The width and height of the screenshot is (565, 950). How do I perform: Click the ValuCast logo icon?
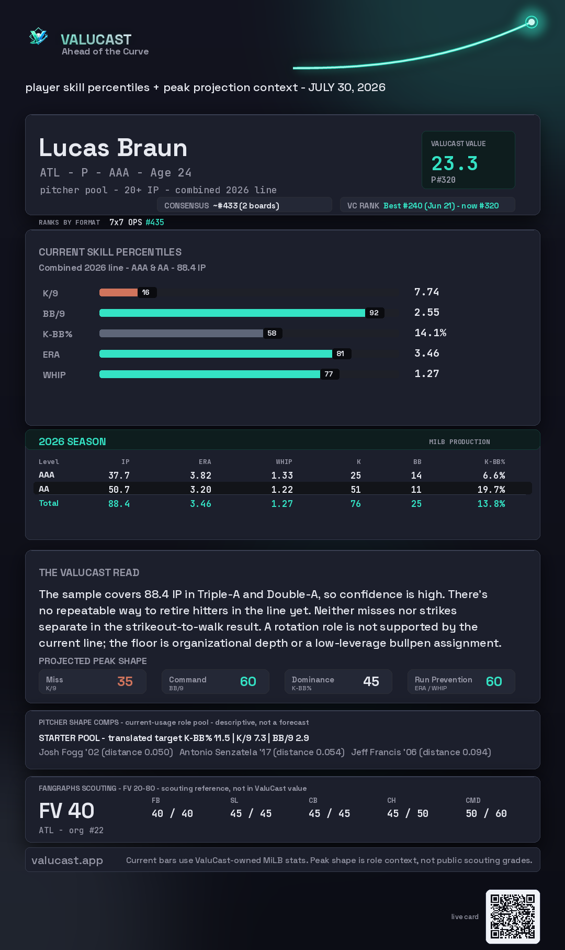pyautogui.click(x=38, y=36)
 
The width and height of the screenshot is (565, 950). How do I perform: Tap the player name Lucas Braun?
pyautogui.click(x=113, y=148)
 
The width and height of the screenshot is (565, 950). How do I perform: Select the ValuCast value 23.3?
pyautogui.click(x=455, y=163)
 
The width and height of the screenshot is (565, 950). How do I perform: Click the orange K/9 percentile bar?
pyautogui.click(x=118, y=292)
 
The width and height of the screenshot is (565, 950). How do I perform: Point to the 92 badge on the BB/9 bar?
pyautogui.click(x=374, y=313)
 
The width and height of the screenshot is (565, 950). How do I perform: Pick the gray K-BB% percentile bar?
pyautogui.click(x=181, y=333)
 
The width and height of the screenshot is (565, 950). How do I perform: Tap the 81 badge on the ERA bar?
pyautogui.click(x=341, y=354)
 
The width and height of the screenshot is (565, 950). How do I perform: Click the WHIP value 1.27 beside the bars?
pyautogui.click(x=427, y=373)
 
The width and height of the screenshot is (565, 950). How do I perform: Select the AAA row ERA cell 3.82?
pyautogui.click(x=201, y=476)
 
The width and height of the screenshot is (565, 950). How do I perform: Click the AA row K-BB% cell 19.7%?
pyautogui.click(x=491, y=490)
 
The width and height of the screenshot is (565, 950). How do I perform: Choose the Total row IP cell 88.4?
pyautogui.click(x=119, y=504)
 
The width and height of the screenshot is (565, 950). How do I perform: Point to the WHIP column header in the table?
pyautogui.click(x=284, y=462)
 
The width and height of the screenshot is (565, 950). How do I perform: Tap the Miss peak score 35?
pyautogui.click(x=125, y=681)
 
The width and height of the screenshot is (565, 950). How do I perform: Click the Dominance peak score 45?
pyautogui.click(x=371, y=681)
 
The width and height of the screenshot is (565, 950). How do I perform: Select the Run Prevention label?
pyautogui.click(x=444, y=679)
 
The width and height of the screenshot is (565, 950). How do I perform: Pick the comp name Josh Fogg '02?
pyautogui.click(x=69, y=752)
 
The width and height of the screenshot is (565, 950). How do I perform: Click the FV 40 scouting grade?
pyautogui.click(x=66, y=811)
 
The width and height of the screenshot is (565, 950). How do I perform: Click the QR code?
pyautogui.click(x=513, y=916)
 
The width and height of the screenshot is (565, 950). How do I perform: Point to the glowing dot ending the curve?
pyautogui.click(x=532, y=22)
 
